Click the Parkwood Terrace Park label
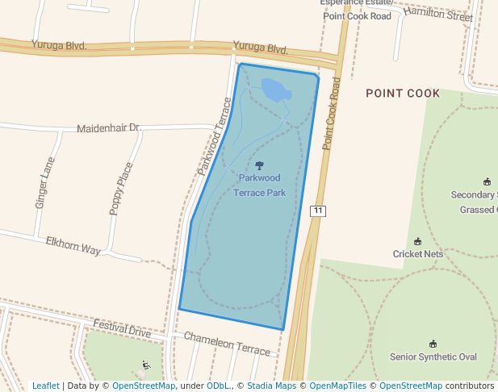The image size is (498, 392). click(259, 185)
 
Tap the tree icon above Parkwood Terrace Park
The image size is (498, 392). click(259, 165)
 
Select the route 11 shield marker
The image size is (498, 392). click(318, 211)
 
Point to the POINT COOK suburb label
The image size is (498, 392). click(403, 94)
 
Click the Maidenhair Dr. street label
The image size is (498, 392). click(109, 128)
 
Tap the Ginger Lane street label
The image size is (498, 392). click(44, 183)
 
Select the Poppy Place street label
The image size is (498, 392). click(121, 189)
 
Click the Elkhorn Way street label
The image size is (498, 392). click(73, 246)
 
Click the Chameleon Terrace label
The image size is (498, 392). click(227, 344)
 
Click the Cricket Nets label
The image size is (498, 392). click(417, 253)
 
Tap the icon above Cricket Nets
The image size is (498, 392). click(417, 241)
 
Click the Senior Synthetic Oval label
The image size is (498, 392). click(433, 357)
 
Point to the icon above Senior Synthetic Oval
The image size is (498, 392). click(433, 344)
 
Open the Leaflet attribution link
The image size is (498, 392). click(45, 386)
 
